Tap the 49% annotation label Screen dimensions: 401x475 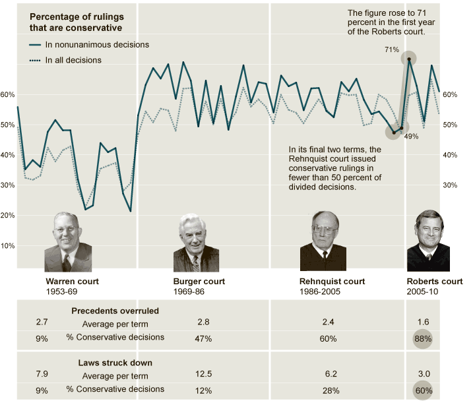coord(411,136)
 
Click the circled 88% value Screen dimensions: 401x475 coord(423,339)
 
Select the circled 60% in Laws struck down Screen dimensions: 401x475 coord(423,390)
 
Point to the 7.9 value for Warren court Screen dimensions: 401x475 coord(42,375)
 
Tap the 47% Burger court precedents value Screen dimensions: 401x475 coord(203,339)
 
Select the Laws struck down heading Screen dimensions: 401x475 coord(115,362)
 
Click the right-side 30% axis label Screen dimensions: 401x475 coord(449,185)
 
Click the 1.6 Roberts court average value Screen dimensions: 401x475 coord(423,323)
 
